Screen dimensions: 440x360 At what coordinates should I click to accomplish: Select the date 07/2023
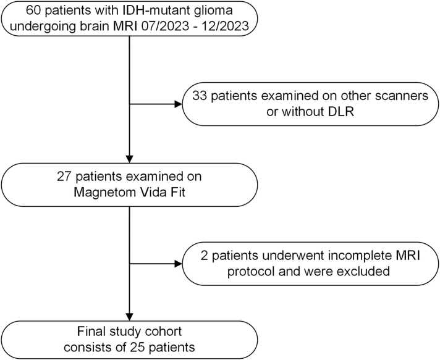coord(165,26)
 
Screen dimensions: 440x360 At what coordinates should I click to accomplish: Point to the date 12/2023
coord(226,26)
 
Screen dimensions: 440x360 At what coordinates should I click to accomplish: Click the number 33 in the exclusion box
coord(200,96)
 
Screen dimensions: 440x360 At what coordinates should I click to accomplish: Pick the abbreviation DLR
coord(341,112)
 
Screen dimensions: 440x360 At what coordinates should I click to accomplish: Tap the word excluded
coord(363,272)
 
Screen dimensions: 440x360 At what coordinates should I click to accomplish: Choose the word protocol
coord(252,272)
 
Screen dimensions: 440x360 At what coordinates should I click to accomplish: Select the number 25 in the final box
coord(137,348)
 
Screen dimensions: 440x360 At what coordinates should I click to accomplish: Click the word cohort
coord(163,332)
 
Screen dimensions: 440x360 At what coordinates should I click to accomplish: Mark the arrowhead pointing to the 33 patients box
coord(179,104)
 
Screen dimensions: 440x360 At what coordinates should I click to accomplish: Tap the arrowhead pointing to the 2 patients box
coord(179,264)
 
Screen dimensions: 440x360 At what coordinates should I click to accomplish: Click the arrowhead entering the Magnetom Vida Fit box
coord(129,159)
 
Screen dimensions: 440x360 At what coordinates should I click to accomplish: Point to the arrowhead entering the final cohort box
coord(129,317)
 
